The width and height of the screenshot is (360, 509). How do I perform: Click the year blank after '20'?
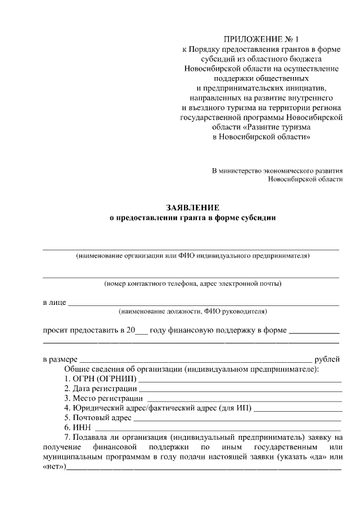coord(142,332)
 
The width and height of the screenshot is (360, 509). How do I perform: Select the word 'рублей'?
coord(327,359)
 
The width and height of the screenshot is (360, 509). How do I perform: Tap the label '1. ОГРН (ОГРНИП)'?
coord(100,379)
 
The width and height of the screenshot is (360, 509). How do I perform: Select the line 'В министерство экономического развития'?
coord(277,170)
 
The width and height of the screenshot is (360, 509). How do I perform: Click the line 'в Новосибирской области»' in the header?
coord(262,137)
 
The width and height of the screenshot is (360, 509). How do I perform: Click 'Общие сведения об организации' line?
coord(192,369)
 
